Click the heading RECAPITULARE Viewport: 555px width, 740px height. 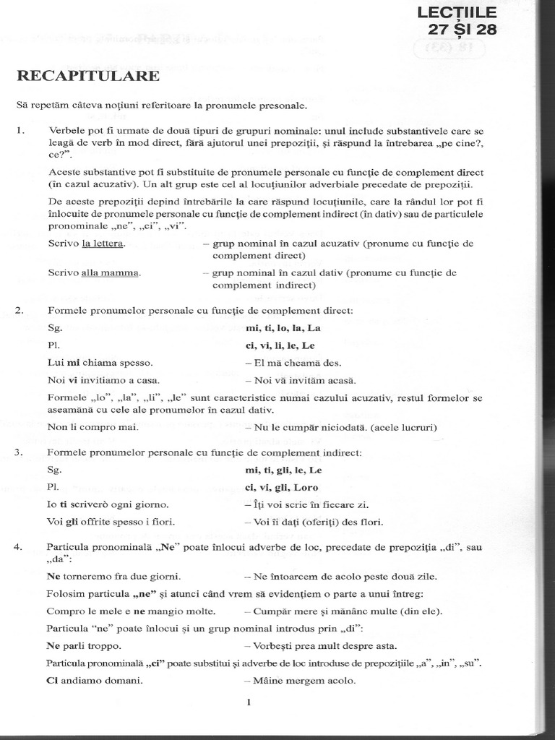point(88,77)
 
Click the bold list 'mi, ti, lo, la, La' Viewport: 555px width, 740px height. point(283,327)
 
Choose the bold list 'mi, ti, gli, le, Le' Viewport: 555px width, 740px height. point(284,470)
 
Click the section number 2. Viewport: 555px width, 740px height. point(20,310)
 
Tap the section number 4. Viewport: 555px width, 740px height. point(20,547)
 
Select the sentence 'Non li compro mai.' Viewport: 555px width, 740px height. point(93,427)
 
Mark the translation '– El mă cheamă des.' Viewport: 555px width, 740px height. point(293,362)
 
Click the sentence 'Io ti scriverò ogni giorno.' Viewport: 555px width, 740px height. point(108,504)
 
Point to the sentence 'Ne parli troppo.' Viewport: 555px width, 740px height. point(85,645)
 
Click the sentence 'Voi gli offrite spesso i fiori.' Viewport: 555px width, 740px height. point(112,521)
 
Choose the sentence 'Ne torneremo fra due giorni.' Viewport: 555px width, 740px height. point(113,576)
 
